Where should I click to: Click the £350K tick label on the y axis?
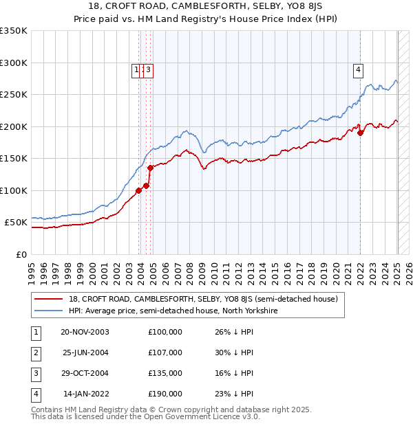click(x=14, y=31)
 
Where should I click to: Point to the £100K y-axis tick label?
click(x=14, y=191)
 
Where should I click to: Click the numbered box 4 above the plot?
click(x=359, y=69)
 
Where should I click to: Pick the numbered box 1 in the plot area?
click(x=136, y=69)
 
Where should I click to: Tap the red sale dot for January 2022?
click(x=360, y=133)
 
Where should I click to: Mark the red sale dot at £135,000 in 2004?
click(x=150, y=168)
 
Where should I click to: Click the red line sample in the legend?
click(x=47, y=299)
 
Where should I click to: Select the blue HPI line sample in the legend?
click(x=47, y=311)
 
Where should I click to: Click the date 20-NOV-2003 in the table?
click(x=85, y=332)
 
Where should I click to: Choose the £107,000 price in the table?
click(x=165, y=352)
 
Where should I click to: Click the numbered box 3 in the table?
click(x=36, y=373)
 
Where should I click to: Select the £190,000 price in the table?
click(x=165, y=394)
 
